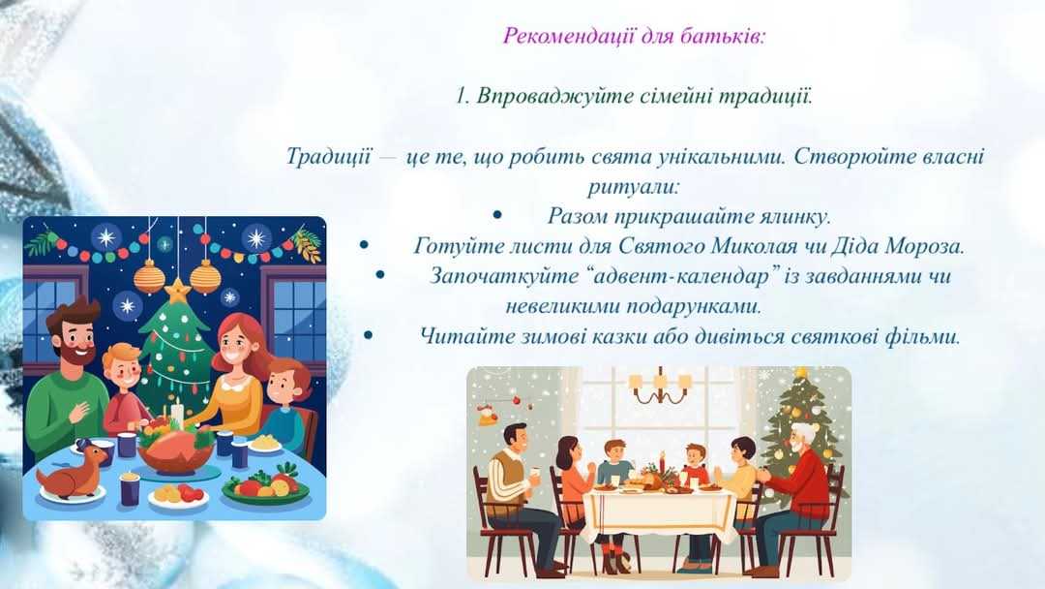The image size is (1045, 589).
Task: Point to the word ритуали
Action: tap(633, 187)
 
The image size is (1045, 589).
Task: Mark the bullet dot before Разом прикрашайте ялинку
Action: tap(497, 215)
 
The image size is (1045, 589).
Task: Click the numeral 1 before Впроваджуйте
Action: tap(462, 97)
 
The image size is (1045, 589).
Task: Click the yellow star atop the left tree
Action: tap(178, 291)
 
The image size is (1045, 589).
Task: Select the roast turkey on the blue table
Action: tap(175, 449)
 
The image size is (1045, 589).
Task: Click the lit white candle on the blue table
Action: tap(177, 413)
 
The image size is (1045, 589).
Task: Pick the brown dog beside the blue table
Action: tap(72, 470)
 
